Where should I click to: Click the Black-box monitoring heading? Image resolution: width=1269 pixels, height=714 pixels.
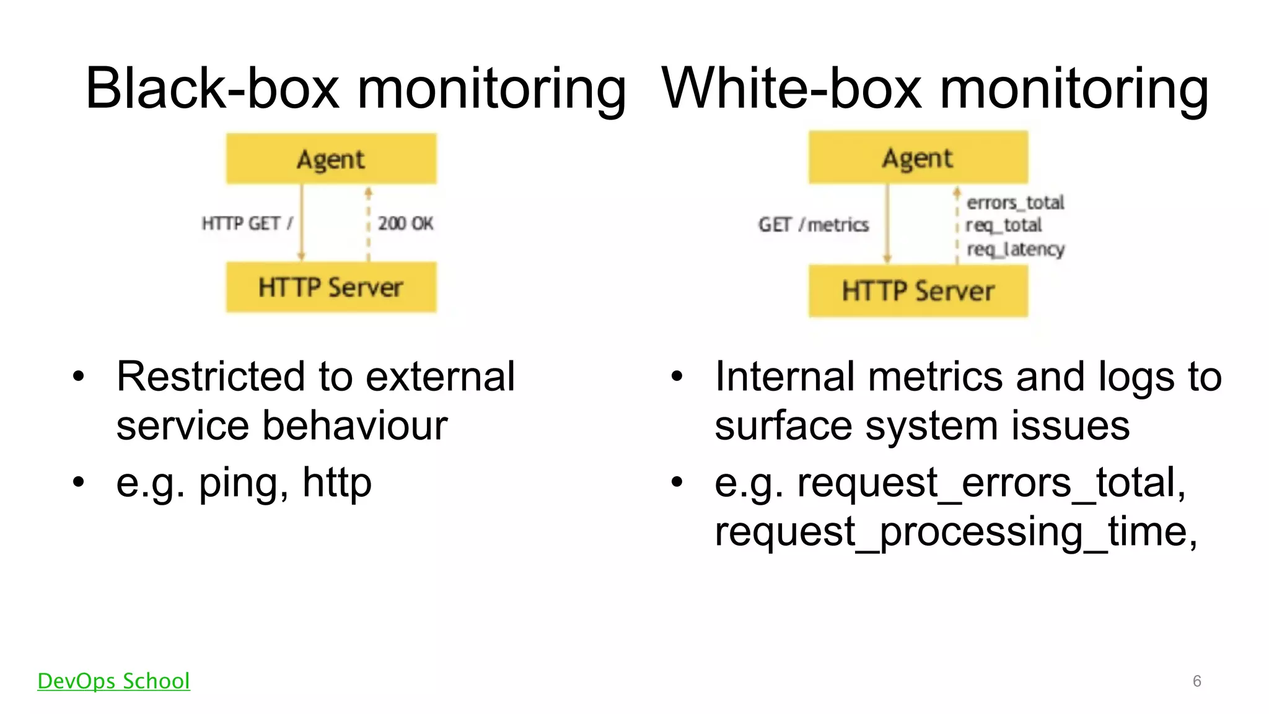[x=356, y=89]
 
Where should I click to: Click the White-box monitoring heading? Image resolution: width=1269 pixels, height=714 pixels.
[x=935, y=89]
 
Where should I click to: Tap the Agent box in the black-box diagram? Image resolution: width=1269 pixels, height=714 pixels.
[x=331, y=159]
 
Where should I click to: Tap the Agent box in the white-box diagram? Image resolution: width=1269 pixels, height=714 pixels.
[x=918, y=158]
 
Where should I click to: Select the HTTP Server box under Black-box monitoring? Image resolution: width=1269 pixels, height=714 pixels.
[x=331, y=287]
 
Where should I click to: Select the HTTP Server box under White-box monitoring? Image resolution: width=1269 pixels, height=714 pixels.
[x=918, y=291]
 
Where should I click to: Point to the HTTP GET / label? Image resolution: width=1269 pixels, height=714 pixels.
[x=247, y=224]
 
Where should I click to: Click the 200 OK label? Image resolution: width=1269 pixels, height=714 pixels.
[x=405, y=224]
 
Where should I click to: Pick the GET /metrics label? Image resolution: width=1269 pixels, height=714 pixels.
[x=813, y=225]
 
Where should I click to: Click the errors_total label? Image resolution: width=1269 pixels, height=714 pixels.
[x=1015, y=202]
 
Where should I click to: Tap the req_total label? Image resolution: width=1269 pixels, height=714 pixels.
[x=1004, y=225]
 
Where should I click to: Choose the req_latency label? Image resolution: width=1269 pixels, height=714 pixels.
[x=1016, y=249]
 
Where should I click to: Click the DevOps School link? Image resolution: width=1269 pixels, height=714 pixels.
[x=113, y=681]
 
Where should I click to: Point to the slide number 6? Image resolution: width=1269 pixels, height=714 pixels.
[x=1197, y=681]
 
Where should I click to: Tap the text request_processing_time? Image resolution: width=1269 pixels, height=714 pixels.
[x=955, y=531]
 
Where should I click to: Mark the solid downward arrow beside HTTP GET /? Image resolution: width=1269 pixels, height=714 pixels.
[x=302, y=223]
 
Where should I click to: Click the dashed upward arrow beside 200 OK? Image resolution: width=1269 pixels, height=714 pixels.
[x=368, y=223]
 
